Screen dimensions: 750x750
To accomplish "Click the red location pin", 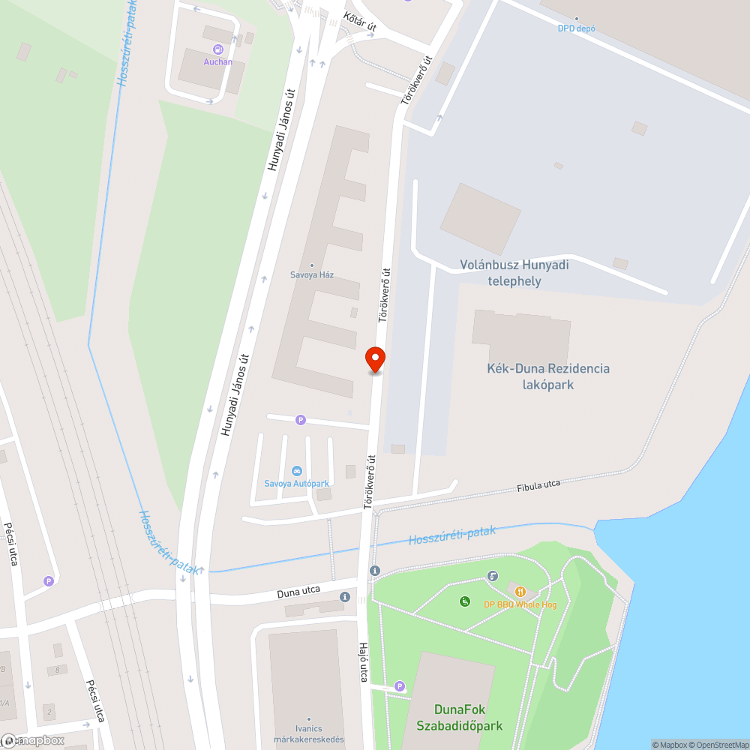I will coord(375,358).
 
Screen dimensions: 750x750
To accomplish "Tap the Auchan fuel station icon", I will coord(217,50).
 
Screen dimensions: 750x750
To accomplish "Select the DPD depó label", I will coord(576,28).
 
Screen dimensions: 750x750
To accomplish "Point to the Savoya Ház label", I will coord(312,274).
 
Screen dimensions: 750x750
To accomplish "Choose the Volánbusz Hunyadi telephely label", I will coord(514,273).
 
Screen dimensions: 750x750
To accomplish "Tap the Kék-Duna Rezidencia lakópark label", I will coord(547,376).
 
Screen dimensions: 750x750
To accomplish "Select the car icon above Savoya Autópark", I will coord(297,471).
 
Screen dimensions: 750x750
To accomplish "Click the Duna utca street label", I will coord(298,591).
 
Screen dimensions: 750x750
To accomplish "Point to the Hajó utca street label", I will coord(364,662).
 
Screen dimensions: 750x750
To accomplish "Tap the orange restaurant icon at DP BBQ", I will coord(520,592).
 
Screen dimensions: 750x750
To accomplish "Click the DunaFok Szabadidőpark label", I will coord(459,717).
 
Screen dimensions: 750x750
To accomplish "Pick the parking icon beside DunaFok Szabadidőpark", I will coord(399,685).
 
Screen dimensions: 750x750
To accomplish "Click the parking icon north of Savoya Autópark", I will coord(301,420).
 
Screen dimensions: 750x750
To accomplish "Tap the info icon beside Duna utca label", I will coord(344,597).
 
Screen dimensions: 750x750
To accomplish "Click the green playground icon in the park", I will coord(465,601).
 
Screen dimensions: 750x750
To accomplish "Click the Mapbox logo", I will coord(34,740).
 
